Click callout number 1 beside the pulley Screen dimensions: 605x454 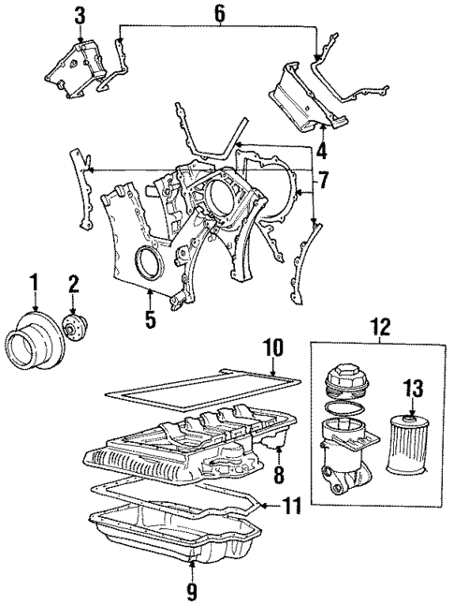click(35, 280)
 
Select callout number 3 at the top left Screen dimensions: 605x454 click(80, 16)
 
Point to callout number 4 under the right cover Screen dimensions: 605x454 click(321, 149)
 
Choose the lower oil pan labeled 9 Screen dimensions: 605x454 click(178, 543)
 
